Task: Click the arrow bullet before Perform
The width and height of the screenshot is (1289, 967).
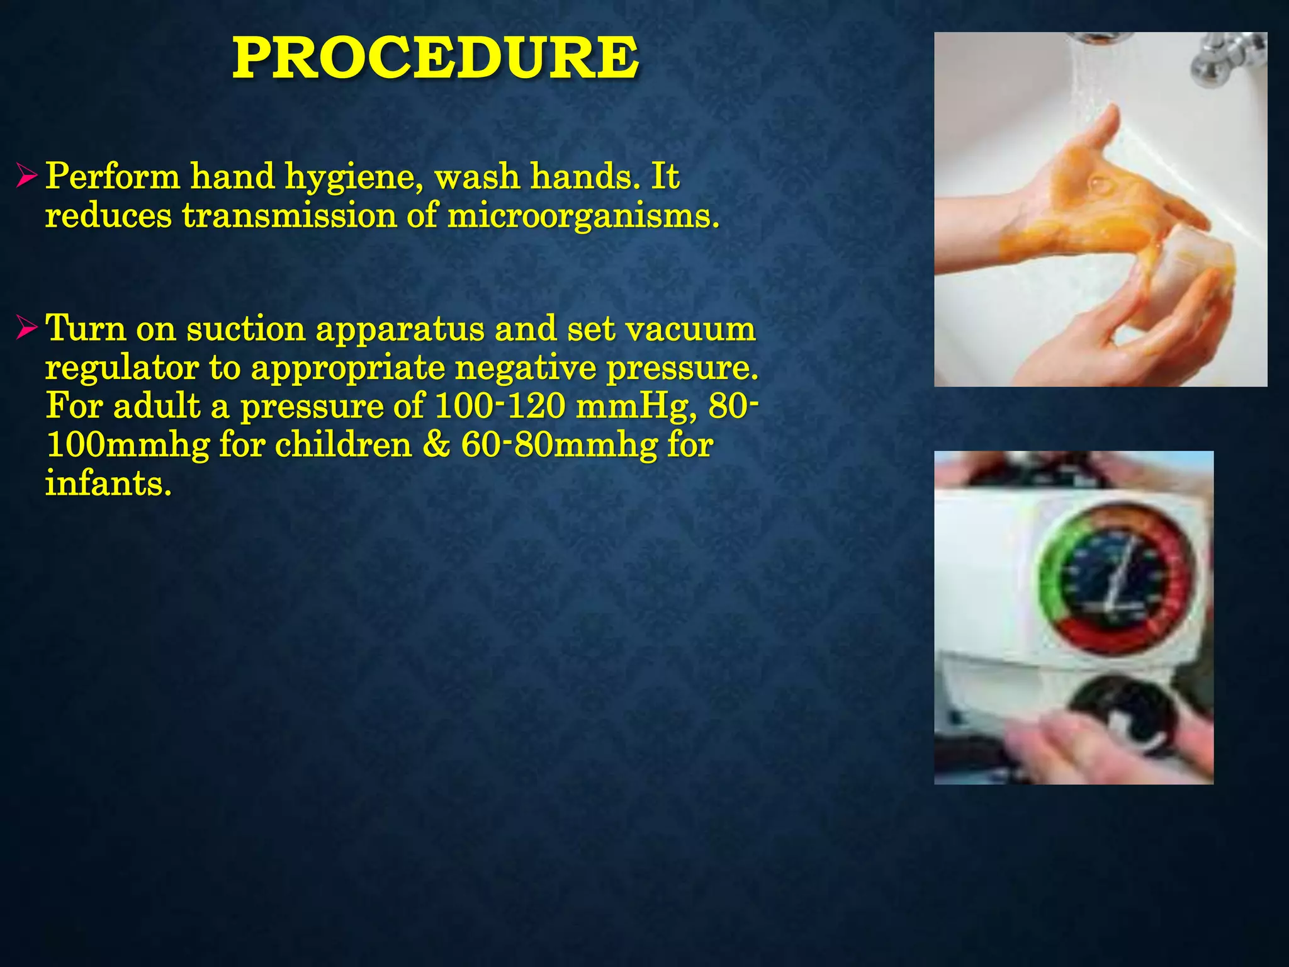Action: tap(28, 176)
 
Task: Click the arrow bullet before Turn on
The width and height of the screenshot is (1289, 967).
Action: tap(28, 328)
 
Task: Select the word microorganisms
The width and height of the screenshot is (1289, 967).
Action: tap(582, 216)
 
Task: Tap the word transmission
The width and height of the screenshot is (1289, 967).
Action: tap(289, 216)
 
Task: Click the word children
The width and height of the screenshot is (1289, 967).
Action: tap(343, 445)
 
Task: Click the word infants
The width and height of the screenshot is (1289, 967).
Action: tap(108, 484)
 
